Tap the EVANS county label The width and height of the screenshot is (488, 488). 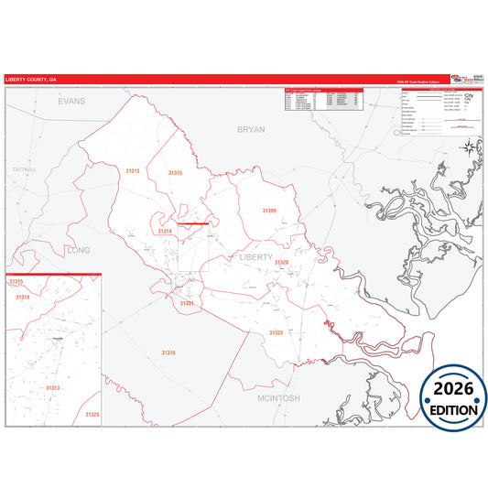pyautogui.click(x=70, y=101)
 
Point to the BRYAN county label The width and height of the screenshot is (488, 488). pyautogui.click(x=251, y=130)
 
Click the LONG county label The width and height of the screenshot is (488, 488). pyautogui.click(x=79, y=249)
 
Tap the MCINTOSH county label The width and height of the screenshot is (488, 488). pyautogui.click(x=278, y=398)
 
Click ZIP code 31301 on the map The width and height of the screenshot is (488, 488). pyautogui.click(x=187, y=303)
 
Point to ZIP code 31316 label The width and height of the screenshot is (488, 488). pyautogui.click(x=168, y=352)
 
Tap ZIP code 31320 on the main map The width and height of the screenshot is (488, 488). pyautogui.click(x=280, y=263)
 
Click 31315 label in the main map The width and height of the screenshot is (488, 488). pyautogui.click(x=175, y=173)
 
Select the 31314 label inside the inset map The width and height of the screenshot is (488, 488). pyautogui.click(x=22, y=298)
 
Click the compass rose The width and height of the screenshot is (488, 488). pyautogui.click(x=469, y=146)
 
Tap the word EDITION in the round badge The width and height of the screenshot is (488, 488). pyautogui.click(x=453, y=410)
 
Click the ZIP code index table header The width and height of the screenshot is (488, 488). pyautogui.click(x=324, y=90)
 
